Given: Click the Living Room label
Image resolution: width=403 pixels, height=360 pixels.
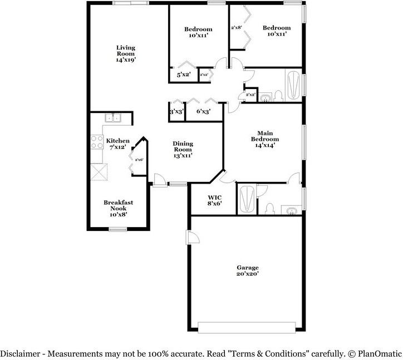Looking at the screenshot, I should tap(126, 53).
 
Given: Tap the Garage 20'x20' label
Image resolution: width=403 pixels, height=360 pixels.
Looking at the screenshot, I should tap(247, 270).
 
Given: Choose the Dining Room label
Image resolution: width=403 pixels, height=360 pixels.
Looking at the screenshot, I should tap(183, 150).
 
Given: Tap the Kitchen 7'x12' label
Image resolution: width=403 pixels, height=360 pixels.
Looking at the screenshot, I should tap(118, 144).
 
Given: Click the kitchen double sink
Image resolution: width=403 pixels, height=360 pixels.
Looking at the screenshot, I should tap(114, 117).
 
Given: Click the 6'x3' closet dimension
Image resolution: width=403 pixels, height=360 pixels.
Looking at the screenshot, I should tap(203, 111).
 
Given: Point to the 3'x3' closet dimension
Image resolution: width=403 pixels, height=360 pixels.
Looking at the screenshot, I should tap(176, 111).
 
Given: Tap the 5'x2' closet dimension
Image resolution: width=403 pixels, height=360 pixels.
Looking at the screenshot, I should tap(184, 74).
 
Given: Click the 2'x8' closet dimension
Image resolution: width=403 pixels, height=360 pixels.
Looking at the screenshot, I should tap(236, 27).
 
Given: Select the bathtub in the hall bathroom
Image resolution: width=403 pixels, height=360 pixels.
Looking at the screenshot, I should tap(293, 85).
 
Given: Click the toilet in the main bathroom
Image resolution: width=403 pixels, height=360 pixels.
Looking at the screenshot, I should tap(270, 208).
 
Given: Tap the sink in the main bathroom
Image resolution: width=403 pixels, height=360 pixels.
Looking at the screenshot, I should tap(291, 210).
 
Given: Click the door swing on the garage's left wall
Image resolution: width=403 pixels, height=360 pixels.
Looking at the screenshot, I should tap(193, 238).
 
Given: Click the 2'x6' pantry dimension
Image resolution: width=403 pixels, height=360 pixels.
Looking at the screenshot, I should tap(139, 160).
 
